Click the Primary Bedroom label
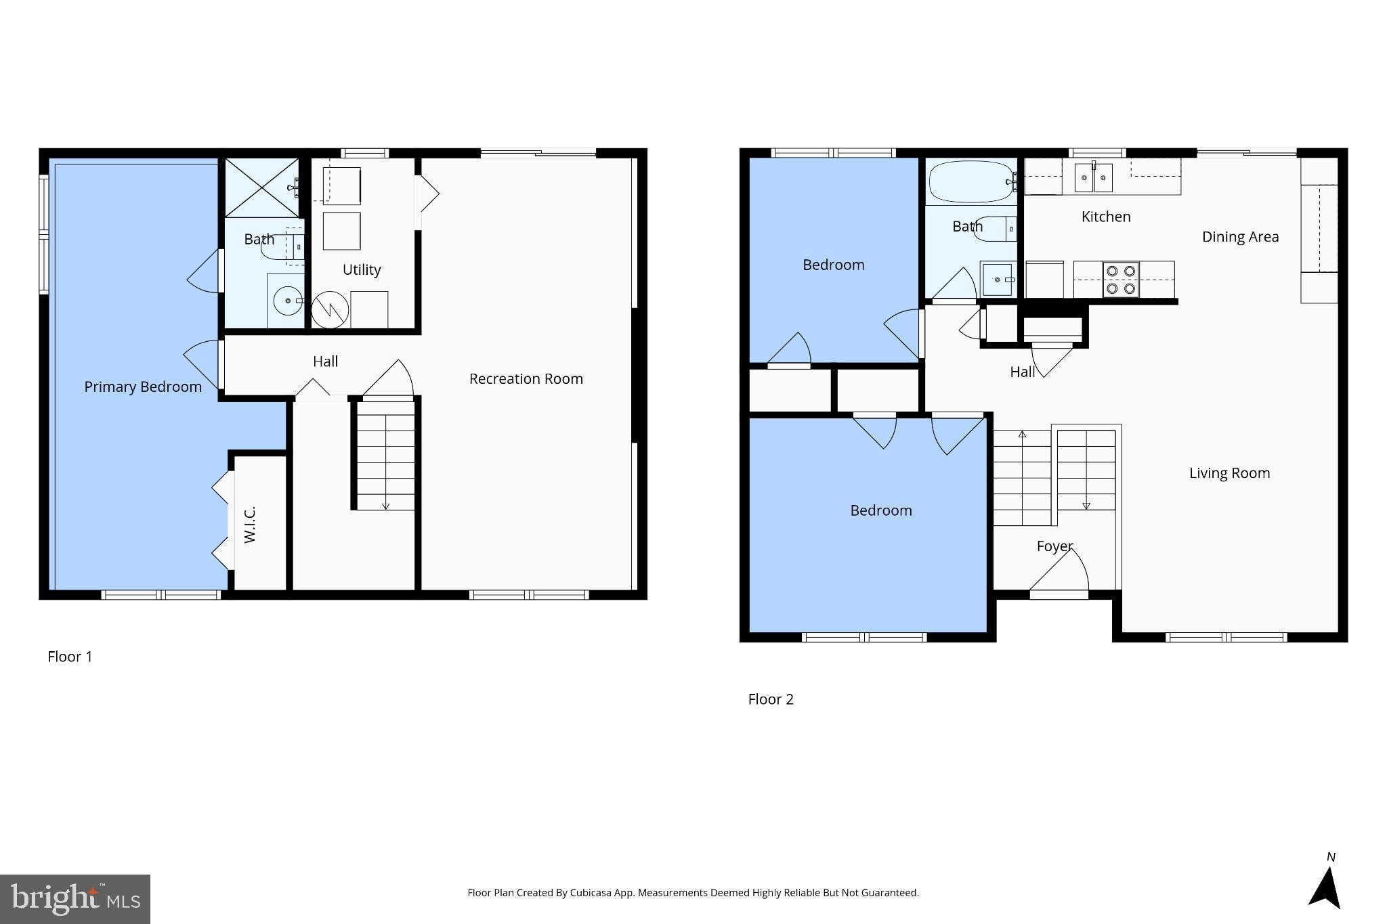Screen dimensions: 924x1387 143,387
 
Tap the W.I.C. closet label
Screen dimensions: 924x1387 249,524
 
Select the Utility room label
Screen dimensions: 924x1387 362,269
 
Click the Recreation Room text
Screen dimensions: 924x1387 526,379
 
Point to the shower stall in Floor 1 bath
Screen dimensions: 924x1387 261,188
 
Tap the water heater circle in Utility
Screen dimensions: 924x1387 330,310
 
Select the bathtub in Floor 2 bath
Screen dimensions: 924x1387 970,181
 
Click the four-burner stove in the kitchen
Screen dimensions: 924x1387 1120,280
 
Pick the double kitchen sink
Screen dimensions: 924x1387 1094,177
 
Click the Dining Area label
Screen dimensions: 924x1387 1240,237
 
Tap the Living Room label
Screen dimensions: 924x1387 1229,473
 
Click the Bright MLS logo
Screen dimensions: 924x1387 74,899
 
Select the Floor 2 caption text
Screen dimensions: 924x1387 770,699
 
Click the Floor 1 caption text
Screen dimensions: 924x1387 70,657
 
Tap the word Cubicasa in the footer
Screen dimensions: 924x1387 587,893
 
